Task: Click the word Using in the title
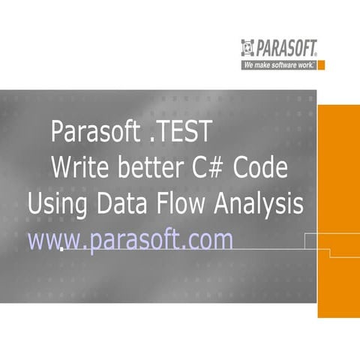click(x=54, y=203)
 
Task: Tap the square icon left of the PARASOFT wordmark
click(x=249, y=49)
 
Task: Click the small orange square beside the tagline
click(x=321, y=65)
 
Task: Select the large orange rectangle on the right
click(x=338, y=210)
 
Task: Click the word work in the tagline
click(x=305, y=65)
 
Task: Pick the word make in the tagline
click(x=260, y=65)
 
